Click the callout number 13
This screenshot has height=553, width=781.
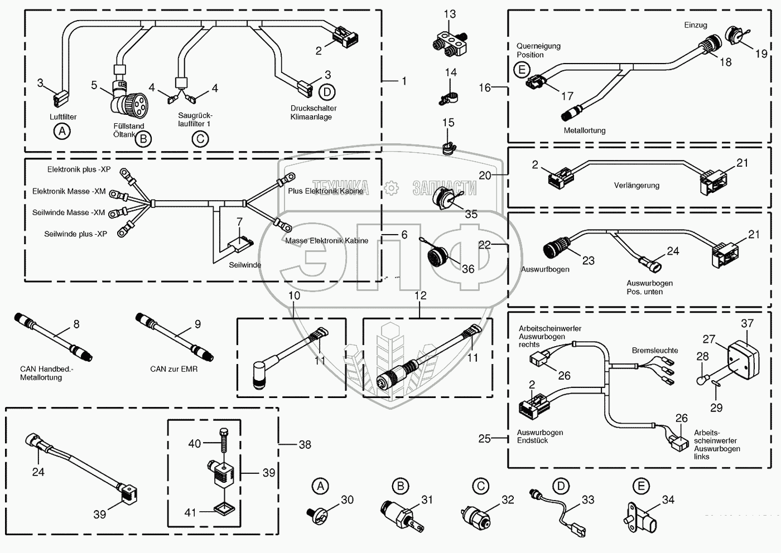[450, 14]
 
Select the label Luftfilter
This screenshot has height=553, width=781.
[63, 117]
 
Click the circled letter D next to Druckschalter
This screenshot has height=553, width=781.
[326, 91]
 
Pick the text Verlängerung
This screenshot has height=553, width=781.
[637, 186]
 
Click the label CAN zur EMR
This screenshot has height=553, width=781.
[173, 369]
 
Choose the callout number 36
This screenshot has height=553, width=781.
[468, 269]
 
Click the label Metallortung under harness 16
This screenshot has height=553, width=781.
[584, 130]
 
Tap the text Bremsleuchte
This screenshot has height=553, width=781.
[655, 351]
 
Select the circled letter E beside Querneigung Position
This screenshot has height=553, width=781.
[522, 70]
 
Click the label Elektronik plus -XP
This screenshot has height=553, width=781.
[79, 169]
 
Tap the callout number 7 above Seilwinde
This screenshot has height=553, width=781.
[239, 222]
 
